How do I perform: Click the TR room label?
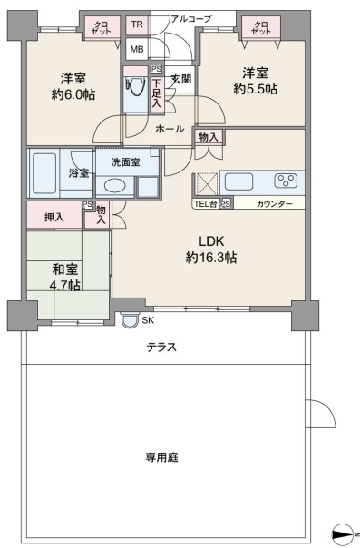click(x=137, y=24)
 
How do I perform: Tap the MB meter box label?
click(x=137, y=49)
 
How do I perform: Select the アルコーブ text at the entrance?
click(x=191, y=18)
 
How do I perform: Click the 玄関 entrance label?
click(x=180, y=79)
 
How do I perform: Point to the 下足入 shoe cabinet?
click(x=157, y=93)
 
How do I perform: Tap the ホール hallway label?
click(x=170, y=129)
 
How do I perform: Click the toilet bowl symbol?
click(x=135, y=86)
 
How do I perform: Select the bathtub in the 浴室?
click(x=44, y=173)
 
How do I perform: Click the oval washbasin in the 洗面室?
click(x=114, y=185)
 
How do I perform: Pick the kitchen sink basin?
click(x=238, y=181)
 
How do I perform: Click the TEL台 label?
click(x=205, y=204)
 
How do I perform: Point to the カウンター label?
click(x=274, y=204)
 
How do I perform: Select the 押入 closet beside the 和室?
click(x=54, y=217)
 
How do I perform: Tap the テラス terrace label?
click(x=161, y=347)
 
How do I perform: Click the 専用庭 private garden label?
click(x=161, y=457)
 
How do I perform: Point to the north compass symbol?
click(x=344, y=534)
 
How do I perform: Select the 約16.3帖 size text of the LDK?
click(x=211, y=258)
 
